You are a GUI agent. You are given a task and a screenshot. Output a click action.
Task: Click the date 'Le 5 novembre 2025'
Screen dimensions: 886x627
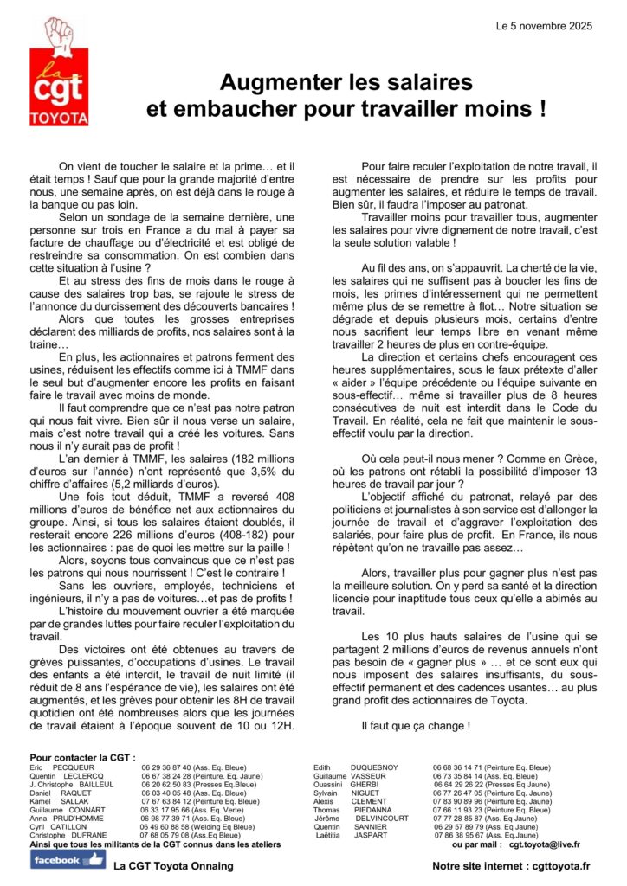coord(544,27)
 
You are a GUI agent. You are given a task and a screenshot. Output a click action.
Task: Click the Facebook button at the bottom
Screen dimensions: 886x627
coord(68,859)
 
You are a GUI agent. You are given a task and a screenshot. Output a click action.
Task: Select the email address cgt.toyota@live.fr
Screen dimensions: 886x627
coord(545,844)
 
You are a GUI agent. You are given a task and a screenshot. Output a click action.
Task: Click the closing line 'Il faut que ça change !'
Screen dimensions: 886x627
coord(416,725)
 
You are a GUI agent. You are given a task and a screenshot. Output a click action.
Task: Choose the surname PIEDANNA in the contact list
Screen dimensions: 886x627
coord(372,810)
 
